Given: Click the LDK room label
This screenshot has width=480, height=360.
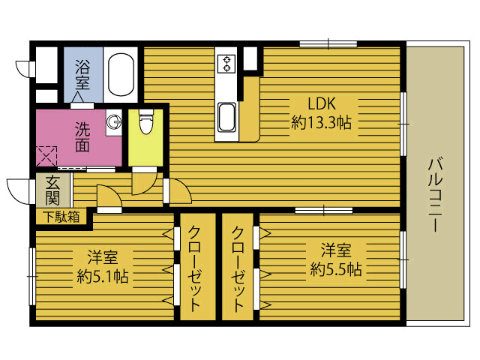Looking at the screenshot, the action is (322, 103).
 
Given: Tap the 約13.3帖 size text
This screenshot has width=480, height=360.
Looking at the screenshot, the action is (321, 122).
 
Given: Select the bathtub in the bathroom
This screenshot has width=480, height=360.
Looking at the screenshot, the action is (121, 74).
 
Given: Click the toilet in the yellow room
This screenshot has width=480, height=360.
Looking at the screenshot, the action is (145, 121).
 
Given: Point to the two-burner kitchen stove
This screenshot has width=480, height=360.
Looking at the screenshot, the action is (226, 64).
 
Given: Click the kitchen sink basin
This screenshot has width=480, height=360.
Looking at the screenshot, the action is (226, 117).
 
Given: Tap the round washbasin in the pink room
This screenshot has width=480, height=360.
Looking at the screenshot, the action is (114, 121).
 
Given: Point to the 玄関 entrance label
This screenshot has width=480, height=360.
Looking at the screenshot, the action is (52, 190).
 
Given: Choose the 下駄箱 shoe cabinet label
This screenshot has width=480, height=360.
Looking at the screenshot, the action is (61, 217).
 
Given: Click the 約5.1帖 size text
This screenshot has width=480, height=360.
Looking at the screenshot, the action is (103, 277).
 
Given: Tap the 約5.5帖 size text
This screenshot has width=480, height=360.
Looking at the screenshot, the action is (336, 269).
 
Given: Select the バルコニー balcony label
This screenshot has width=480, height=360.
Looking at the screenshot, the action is (435, 195).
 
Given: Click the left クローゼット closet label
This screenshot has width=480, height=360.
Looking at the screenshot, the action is (194, 268).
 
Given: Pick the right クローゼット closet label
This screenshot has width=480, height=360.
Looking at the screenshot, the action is (238, 268).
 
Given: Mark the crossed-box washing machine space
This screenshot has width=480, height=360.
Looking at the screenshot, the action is (46, 156).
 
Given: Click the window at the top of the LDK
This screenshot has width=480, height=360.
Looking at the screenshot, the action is (328, 44).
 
